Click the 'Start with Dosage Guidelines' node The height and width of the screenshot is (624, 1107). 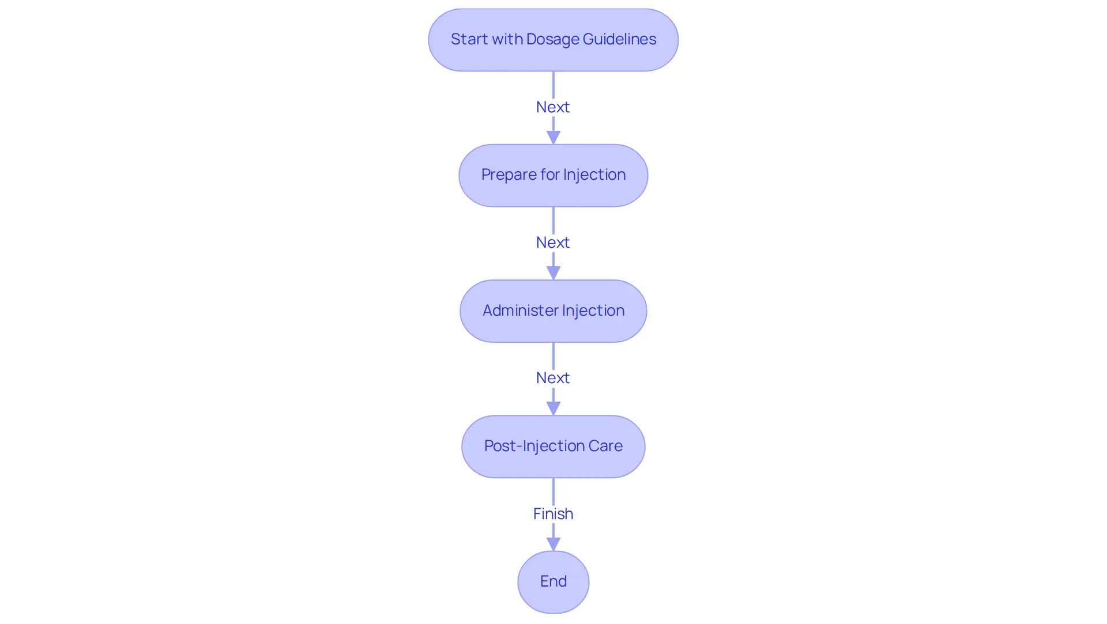(x=553, y=40)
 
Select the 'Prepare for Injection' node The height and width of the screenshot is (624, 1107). (x=553, y=175)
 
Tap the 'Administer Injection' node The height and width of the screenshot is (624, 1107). (x=553, y=311)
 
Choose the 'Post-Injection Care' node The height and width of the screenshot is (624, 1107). (x=553, y=447)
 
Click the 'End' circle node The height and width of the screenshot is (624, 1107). (x=553, y=582)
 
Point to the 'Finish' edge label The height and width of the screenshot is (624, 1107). (x=553, y=513)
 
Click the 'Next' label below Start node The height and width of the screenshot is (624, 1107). (x=553, y=107)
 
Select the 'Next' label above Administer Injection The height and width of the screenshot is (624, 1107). (x=553, y=242)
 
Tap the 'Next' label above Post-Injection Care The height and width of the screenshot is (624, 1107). (x=553, y=377)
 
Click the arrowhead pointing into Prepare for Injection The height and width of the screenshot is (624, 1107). (x=553, y=138)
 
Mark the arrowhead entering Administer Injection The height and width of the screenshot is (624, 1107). (x=553, y=273)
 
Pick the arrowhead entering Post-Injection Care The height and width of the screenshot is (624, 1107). (x=553, y=409)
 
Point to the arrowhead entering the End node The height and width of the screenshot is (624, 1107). (x=553, y=544)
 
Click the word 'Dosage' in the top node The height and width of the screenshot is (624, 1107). (x=552, y=40)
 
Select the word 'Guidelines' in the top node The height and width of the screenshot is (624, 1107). (x=619, y=39)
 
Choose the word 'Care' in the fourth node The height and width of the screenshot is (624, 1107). (x=605, y=446)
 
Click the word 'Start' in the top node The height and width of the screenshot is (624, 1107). (x=469, y=39)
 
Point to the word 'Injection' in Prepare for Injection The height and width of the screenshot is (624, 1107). (x=594, y=175)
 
